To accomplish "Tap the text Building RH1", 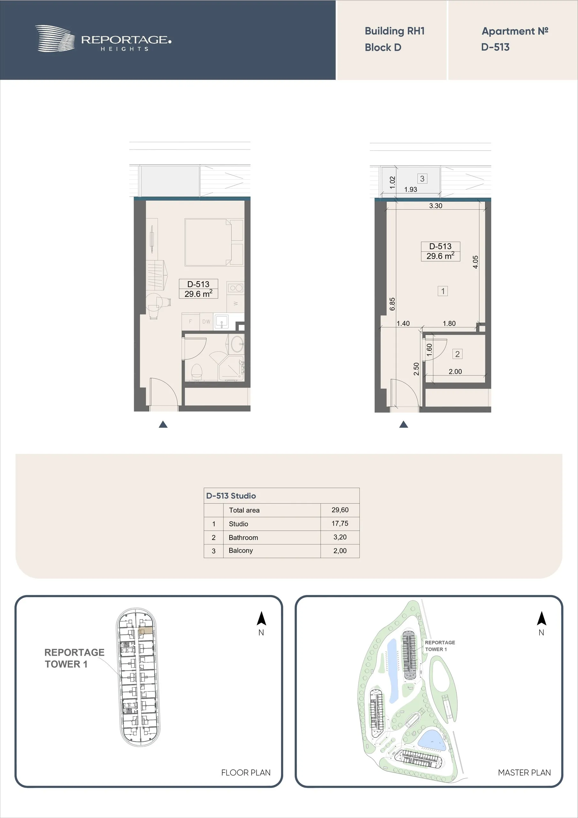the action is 395,31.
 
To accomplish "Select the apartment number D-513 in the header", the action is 495,47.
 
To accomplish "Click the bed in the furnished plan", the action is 213,242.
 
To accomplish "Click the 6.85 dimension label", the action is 392,304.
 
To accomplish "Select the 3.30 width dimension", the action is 436,205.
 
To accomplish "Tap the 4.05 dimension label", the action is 475,262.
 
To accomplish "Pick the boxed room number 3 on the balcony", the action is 422,179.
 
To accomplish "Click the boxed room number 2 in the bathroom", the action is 457,354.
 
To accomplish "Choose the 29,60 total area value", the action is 340,510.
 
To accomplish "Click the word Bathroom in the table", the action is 243,538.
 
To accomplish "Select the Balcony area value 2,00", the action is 340,551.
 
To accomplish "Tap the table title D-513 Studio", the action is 231,496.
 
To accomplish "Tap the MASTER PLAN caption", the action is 524,772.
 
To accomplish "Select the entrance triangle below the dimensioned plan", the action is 404,424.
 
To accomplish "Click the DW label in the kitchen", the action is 206,321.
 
